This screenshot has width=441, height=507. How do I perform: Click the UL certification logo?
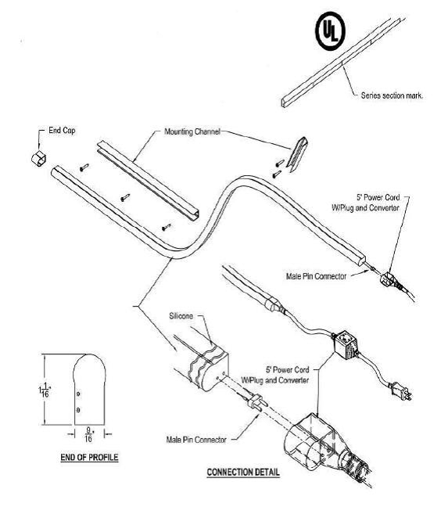pyautogui.click(x=330, y=31)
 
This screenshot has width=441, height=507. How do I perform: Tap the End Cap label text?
pyautogui.click(x=62, y=131)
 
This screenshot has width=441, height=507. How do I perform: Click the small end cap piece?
pyautogui.click(x=39, y=158)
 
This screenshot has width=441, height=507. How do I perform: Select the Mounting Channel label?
pyautogui.click(x=192, y=131)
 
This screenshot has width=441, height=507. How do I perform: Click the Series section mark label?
pyautogui.click(x=393, y=95)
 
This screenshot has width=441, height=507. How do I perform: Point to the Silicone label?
pyautogui.click(x=181, y=316)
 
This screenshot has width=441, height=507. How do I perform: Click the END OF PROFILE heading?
pyautogui.click(x=89, y=457)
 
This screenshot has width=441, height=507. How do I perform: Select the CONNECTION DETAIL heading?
pyautogui.click(x=243, y=472)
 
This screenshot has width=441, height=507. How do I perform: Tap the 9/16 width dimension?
pyautogui.click(x=88, y=434)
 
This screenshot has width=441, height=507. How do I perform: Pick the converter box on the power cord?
pyautogui.click(x=346, y=345)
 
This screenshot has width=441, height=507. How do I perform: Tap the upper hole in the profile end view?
pyautogui.click(x=78, y=394)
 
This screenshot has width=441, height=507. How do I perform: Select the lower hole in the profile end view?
pyautogui.click(x=78, y=410)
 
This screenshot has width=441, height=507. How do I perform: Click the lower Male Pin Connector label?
pyautogui.click(x=196, y=440)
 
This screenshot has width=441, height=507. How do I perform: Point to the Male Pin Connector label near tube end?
pyautogui.click(x=316, y=276)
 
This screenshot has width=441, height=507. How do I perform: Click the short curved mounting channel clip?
pyautogui.click(x=297, y=154)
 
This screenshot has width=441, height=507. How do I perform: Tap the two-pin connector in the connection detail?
pyautogui.click(x=257, y=402)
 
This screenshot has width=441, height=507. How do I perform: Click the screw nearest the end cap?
pyautogui.click(x=84, y=167)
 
